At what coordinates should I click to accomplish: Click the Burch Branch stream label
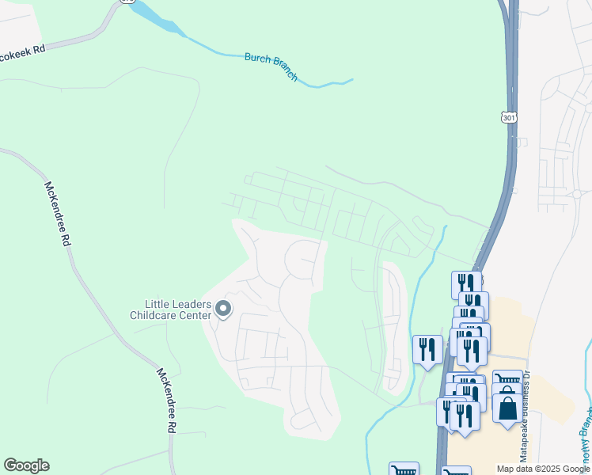pos(271,66)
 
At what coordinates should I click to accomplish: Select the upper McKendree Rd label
pos(57,215)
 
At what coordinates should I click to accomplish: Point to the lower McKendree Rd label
pos(165,399)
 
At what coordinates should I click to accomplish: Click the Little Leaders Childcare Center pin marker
pos(223,309)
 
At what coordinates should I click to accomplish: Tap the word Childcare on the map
pos(157,315)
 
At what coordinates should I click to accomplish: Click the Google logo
pos(26,465)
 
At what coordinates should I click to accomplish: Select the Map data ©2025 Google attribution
pos(542,469)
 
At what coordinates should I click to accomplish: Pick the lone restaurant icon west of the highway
pos(427,349)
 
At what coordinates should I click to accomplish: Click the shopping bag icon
pos(507,407)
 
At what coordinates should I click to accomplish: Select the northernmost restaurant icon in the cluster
pos(466,283)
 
